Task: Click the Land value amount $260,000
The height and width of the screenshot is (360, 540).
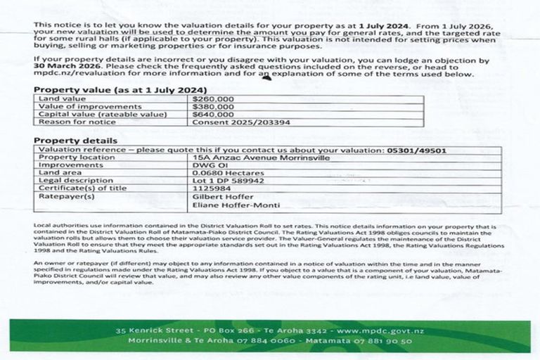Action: coord(213,99)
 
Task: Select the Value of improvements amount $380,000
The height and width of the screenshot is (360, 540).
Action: coord(213,106)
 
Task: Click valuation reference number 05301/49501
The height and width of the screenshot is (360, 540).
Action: coord(416,150)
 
